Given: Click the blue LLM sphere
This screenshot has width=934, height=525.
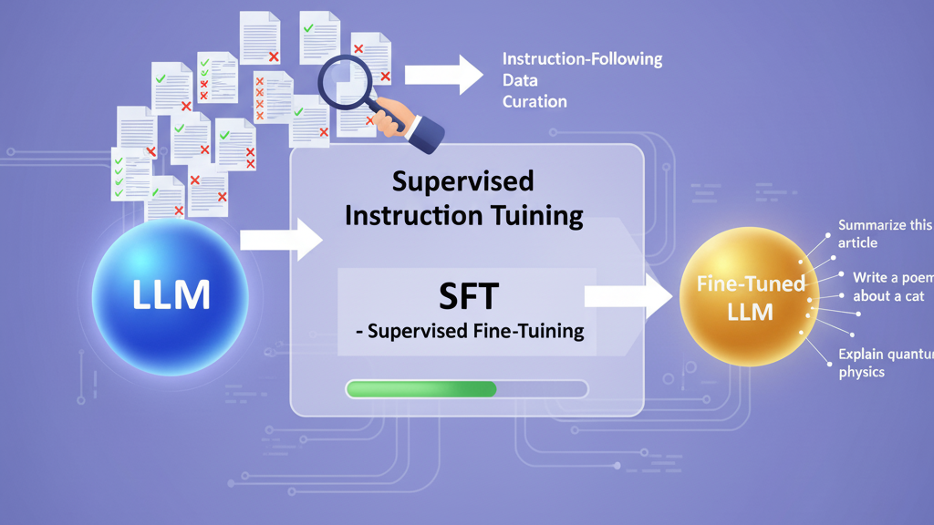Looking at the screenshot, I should [x=170, y=295].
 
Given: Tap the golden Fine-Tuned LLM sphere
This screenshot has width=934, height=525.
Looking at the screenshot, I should [x=750, y=297].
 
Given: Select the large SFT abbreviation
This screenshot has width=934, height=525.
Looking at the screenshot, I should [x=466, y=296].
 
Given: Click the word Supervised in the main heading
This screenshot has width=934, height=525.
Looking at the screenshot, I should [x=462, y=180].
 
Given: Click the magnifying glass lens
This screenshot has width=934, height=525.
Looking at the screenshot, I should [x=346, y=80].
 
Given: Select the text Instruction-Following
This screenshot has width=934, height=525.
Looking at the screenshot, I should [x=582, y=59].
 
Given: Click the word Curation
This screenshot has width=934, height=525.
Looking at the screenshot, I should [x=534, y=100].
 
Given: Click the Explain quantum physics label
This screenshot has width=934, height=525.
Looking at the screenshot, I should [x=884, y=363].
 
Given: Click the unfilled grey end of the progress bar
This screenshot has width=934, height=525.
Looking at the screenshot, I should [x=542, y=389].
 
